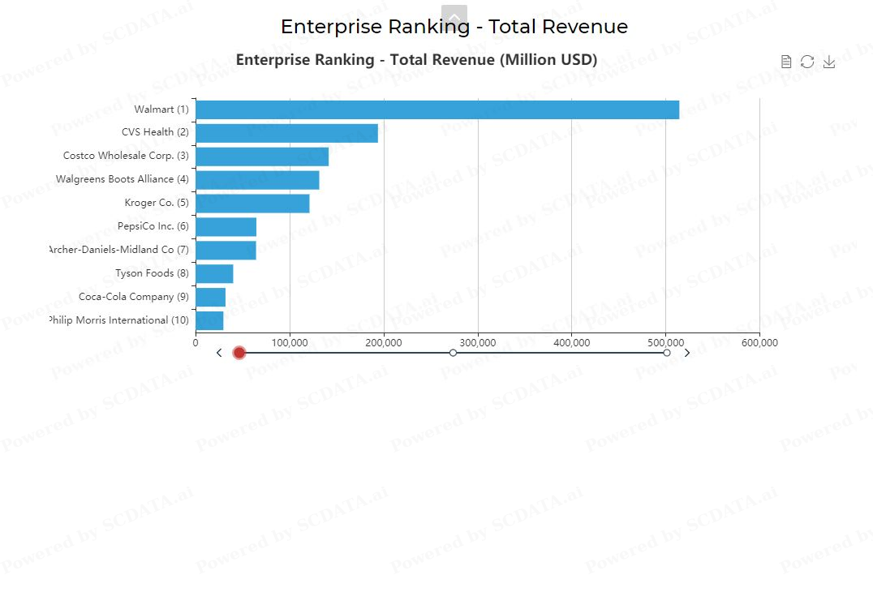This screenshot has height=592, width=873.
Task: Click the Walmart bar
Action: tap(436, 109)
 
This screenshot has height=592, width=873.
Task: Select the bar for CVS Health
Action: tap(286, 133)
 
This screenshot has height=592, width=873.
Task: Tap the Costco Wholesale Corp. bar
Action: tap(262, 157)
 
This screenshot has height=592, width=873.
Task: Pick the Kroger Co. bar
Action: tap(252, 204)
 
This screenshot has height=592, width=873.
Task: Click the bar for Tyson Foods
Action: tap(214, 274)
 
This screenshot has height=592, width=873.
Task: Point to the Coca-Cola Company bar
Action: tap(210, 298)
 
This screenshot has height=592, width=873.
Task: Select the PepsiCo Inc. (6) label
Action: tap(153, 226)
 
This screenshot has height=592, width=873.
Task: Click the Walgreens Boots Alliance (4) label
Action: tap(122, 179)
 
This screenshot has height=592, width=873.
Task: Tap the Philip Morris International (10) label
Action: tap(118, 320)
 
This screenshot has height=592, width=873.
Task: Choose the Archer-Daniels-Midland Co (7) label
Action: tap(118, 250)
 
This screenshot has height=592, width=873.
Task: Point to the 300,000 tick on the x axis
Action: tap(478, 343)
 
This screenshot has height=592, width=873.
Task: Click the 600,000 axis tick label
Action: tap(759, 343)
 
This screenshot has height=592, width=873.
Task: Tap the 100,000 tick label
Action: tap(290, 343)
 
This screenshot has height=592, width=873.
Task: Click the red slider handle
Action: tap(239, 353)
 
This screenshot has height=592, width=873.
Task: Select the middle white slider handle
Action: tap(453, 353)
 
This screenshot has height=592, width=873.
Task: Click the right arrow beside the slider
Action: tap(687, 353)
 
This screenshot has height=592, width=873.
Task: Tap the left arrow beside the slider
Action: tap(219, 353)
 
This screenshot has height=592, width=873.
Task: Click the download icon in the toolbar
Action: tap(828, 62)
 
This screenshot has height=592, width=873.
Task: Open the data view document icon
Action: tap(785, 62)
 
